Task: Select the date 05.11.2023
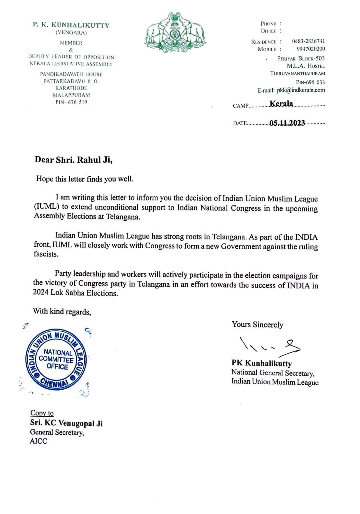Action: click(x=287, y=123)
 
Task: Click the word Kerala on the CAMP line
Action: click(x=281, y=104)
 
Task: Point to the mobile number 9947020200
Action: click(x=310, y=49)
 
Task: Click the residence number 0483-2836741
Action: click(x=308, y=41)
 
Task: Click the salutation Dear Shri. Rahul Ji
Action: click(x=74, y=160)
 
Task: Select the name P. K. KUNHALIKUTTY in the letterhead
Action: click(x=71, y=25)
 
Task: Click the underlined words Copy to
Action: click(x=42, y=413)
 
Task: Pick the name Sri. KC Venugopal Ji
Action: click(x=66, y=423)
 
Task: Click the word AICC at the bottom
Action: click(x=38, y=441)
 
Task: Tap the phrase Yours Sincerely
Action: click(x=257, y=325)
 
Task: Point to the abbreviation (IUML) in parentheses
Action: click(x=47, y=207)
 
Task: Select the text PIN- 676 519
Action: click(x=71, y=102)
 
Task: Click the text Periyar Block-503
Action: click(x=301, y=58)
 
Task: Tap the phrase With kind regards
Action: click(x=62, y=311)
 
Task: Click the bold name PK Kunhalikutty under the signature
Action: click(x=262, y=364)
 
